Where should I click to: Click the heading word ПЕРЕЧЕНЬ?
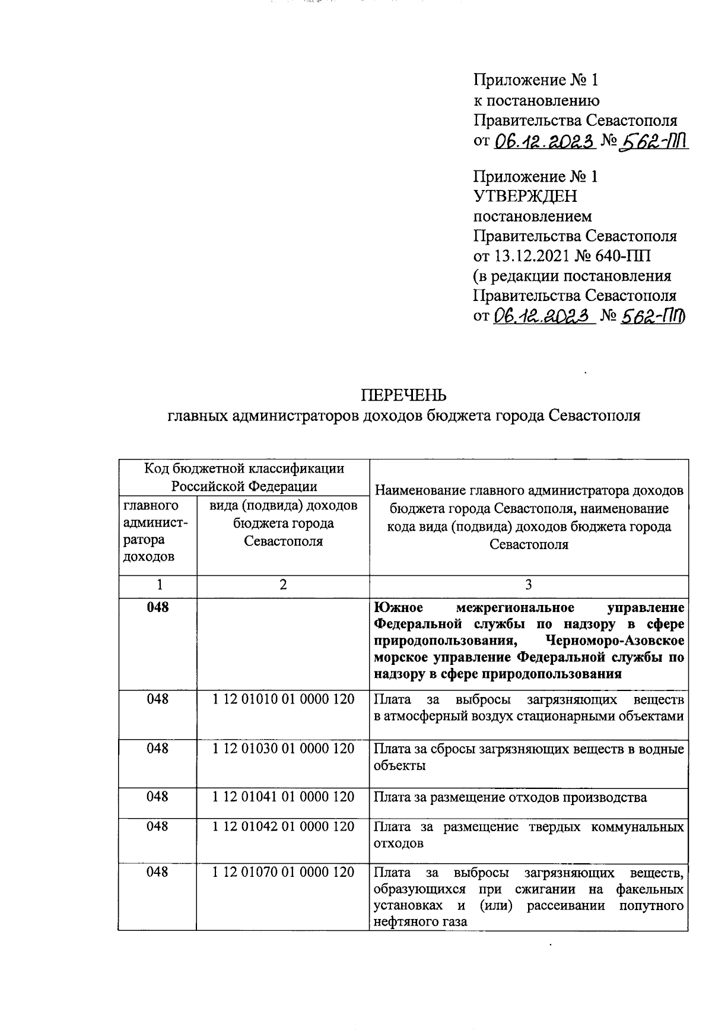404,395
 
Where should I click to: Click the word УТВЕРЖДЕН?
525,196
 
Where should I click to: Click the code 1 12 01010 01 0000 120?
283,699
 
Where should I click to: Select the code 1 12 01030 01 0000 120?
283,749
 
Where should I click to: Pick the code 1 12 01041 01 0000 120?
283,797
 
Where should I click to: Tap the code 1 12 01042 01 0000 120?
283,826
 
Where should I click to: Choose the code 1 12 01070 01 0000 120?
283,872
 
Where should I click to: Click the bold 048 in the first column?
158,607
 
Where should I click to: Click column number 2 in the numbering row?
283,585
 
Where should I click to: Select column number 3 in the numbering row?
528,585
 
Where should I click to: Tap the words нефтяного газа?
420,922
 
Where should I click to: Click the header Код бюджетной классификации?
244,468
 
